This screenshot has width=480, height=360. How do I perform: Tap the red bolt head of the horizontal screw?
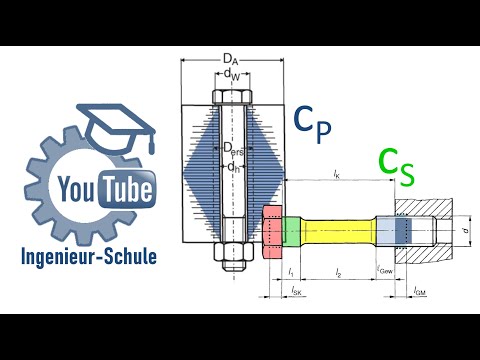pos(273,229)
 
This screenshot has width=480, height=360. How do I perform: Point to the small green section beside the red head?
pos(291,229)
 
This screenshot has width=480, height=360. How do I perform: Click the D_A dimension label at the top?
pos(230,60)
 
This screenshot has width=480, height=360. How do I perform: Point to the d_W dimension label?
pos(230,74)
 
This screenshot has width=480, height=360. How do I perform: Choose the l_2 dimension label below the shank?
pos(338,273)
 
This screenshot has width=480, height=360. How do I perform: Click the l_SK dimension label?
pos(297,289)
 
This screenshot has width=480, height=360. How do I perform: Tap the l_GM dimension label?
pos(420,289)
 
